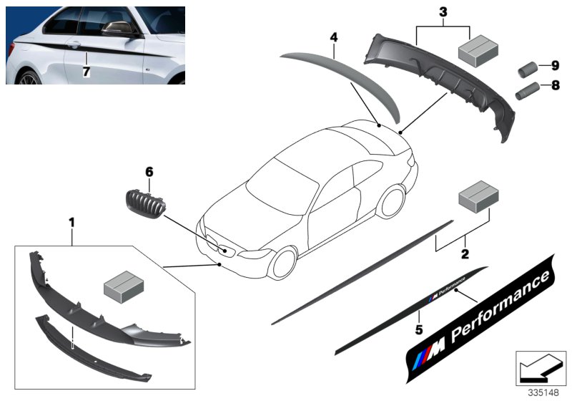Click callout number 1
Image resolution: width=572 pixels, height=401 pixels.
coord(71,223)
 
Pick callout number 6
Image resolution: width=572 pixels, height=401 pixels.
coord(149,172)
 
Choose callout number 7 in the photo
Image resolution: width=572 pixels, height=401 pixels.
coord(87,72)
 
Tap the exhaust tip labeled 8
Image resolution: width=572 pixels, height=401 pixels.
coord(526,92)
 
